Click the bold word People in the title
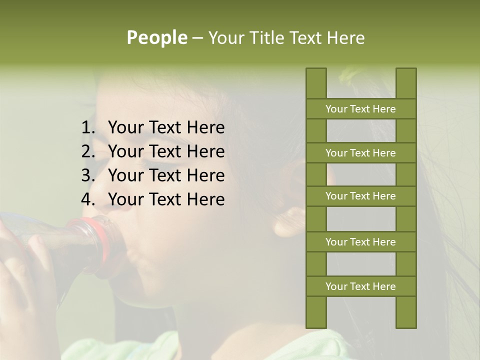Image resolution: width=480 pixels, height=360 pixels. (x=156, y=38)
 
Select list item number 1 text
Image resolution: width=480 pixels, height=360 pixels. (x=166, y=128)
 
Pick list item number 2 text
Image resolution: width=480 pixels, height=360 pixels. (x=166, y=151)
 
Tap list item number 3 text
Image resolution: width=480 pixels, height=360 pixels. (x=166, y=175)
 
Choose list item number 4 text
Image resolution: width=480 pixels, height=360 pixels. (x=166, y=199)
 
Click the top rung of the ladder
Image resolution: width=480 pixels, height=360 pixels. (x=360, y=109)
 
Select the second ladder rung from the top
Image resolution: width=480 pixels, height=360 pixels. (x=360, y=153)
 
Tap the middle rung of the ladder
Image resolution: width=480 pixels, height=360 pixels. (x=360, y=196)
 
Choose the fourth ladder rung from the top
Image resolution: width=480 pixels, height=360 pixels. (x=360, y=242)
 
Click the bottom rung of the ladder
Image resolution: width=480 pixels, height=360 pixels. (x=360, y=286)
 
